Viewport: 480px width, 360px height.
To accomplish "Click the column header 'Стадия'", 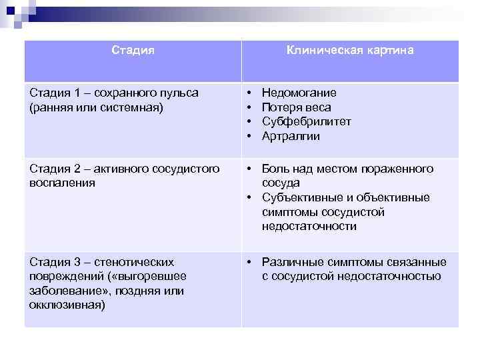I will coord(133,51).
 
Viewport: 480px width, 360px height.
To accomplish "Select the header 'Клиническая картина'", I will coord(350,51).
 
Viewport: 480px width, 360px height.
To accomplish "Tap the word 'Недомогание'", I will coord(299,93).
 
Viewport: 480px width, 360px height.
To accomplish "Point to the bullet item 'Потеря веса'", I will coord(297,107).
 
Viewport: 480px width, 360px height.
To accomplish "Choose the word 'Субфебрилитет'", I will coord(307,122).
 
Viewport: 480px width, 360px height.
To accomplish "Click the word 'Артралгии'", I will coord(291,137).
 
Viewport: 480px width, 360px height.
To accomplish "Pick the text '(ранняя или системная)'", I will coord(96,107).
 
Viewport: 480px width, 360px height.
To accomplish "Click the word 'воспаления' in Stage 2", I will coord(63,183).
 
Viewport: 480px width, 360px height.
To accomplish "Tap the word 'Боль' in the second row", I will coord(275,169).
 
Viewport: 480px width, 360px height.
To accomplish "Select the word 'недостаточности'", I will coord(309,227).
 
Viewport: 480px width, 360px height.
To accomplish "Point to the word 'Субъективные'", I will coord(299,198).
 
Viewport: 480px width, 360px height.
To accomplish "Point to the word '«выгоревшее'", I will coord(156,277).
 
